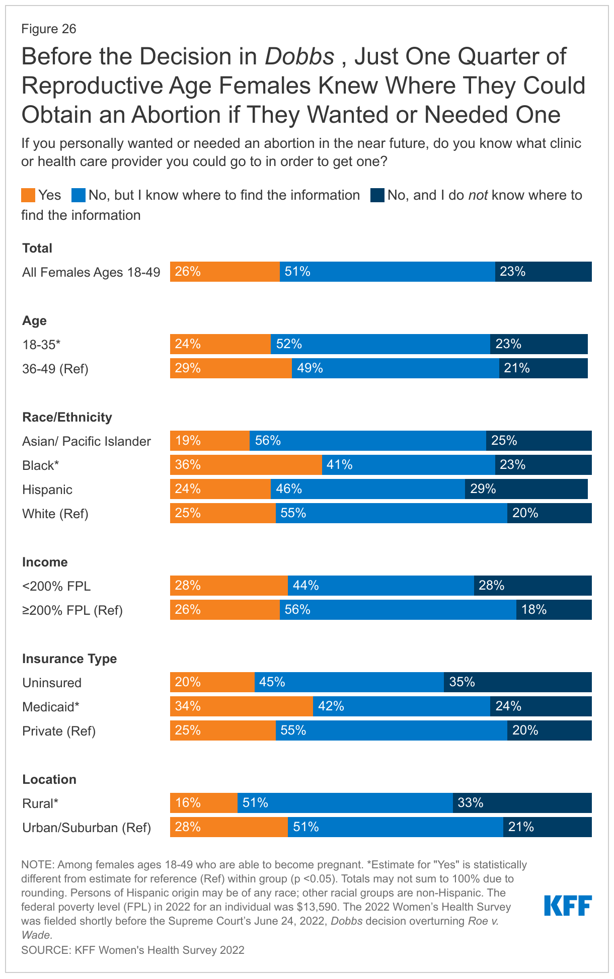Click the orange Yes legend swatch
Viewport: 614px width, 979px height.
pyautogui.click(x=28, y=195)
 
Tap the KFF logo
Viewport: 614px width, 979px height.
pyautogui.click(x=568, y=906)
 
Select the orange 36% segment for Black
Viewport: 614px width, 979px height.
pyautogui.click(x=246, y=465)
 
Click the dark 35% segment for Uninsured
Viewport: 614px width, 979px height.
pyautogui.click(x=517, y=682)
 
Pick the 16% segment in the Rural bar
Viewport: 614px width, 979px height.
pyautogui.click(x=203, y=803)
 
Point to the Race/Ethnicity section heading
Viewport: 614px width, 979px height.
pyautogui.click(x=67, y=417)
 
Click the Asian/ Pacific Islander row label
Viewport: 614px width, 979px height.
pyautogui.click(x=87, y=441)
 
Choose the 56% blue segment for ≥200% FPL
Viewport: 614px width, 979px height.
pyautogui.click(x=398, y=610)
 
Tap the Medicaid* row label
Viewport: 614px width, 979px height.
pyautogui.click(x=51, y=707)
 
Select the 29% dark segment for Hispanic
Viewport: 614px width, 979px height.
pyautogui.click(x=526, y=489)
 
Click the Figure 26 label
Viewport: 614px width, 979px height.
pyautogui.click(x=49, y=29)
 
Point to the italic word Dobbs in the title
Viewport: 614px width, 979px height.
pyautogui.click(x=299, y=57)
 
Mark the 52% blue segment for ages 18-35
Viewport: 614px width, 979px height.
pyautogui.click(x=380, y=344)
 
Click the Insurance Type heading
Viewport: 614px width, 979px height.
pyautogui.click(x=69, y=659)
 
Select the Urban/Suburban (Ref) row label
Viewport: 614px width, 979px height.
pyautogui.click(x=87, y=828)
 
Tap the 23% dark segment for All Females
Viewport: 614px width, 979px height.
pyautogui.click(x=543, y=272)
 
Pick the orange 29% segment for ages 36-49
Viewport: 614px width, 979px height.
pyautogui.click(x=231, y=368)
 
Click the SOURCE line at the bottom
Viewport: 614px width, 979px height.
pyautogui.click(x=133, y=950)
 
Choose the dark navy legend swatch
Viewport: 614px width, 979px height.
pyautogui.click(x=377, y=195)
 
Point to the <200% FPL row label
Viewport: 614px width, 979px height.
pyautogui.click(x=56, y=586)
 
